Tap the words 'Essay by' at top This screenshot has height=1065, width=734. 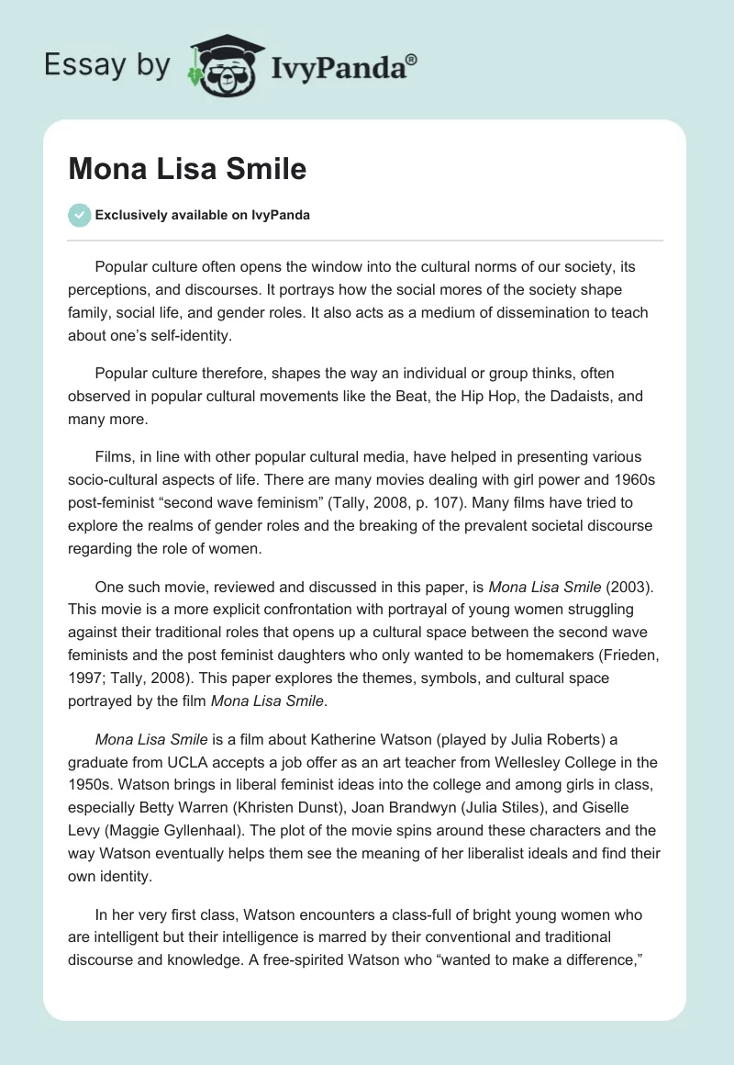pyautogui.click(x=108, y=65)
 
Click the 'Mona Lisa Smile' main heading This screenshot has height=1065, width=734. pyautogui.click(x=187, y=169)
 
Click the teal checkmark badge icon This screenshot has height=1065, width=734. pyautogui.click(x=79, y=215)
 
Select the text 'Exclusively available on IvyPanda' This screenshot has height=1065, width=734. pyautogui.click(x=202, y=215)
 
